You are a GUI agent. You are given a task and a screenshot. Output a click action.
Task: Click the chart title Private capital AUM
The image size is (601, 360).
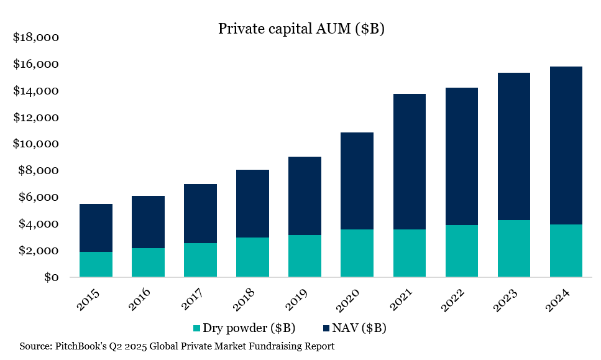pyautogui.click(x=301, y=29)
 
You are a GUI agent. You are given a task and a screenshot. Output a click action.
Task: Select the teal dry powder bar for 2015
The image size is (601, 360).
pyautogui.click(x=96, y=264)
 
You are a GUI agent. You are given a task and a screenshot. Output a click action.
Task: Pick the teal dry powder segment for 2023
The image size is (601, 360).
pyautogui.click(x=514, y=248)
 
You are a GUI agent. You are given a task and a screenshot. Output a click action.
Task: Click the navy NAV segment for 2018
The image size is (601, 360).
pyautogui.click(x=252, y=203)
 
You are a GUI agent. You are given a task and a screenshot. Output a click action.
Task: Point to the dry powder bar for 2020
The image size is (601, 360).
pyautogui.click(x=357, y=253)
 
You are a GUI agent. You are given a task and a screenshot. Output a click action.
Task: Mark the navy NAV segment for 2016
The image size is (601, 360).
pyautogui.click(x=148, y=222)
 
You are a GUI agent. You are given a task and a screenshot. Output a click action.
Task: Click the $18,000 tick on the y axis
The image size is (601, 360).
pyautogui.click(x=36, y=38)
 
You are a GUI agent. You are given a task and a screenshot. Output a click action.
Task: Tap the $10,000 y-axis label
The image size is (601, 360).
pyautogui.click(x=36, y=144)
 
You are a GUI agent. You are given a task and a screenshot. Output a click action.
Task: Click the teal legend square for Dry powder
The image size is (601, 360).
pyautogui.click(x=198, y=328)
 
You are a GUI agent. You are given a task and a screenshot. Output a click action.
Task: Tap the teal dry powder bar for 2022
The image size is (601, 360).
pyautogui.click(x=462, y=251)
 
